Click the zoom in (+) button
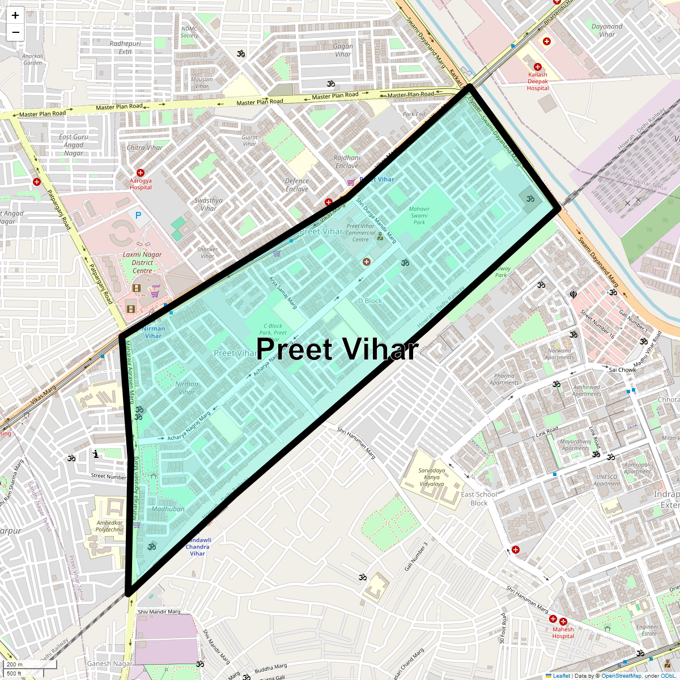click(15, 15)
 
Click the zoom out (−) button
click(15, 32)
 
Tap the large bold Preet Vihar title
click(337, 349)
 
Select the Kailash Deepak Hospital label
click(538, 81)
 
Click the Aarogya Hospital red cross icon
click(141, 172)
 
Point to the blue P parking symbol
click(138, 215)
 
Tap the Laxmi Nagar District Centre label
click(142, 262)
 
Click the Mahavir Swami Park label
click(419, 216)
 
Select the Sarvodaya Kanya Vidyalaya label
click(432, 477)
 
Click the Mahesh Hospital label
click(563, 632)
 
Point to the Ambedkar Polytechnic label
click(110, 526)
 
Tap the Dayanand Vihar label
click(607, 30)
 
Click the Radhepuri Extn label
click(125, 48)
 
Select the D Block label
click(369, 301)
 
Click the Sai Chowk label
click(622, 369)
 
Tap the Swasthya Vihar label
click(209, 204)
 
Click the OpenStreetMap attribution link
click(621, 675)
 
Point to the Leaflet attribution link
click(561, 675)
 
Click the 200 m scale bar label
click(15, 664)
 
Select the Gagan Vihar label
click(343, 50)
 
